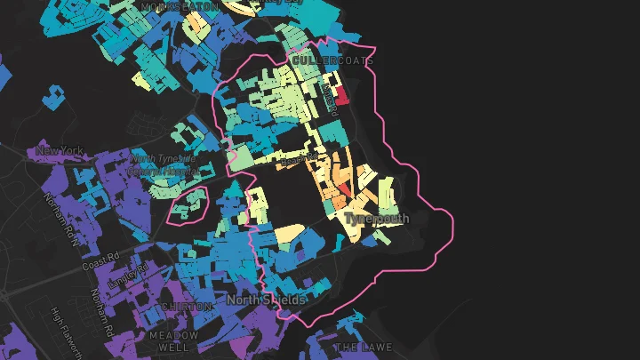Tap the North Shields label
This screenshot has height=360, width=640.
[x=266, y=300]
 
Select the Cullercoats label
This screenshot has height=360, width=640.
[x=330, y=61]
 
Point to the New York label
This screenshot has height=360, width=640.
[x=60, y=151]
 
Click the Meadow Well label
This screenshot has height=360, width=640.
[x=173, y=342]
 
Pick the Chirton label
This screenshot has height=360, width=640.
[x=186, y=307]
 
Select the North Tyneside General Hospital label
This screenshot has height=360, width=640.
[x=162, y=164]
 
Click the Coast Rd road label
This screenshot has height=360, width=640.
[x=100, y=260]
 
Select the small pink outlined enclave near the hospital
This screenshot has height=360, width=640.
[x=188, y=206]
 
